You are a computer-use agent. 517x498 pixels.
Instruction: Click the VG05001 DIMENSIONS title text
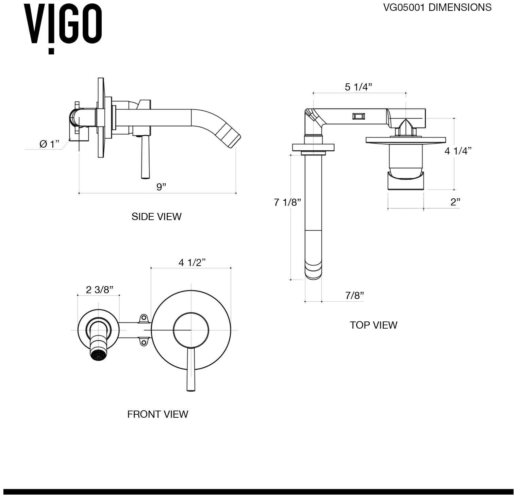coord(437,7)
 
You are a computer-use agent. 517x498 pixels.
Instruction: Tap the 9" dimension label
coord(161,187)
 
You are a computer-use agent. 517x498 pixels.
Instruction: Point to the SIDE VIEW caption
coord(156,217)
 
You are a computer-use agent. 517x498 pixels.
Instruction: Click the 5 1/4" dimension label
coord(358,87)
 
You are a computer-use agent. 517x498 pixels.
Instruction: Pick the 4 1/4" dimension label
coord(458,151)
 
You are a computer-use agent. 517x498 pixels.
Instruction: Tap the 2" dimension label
coord(455,202)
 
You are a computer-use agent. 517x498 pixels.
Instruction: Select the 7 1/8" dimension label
coord(287,202)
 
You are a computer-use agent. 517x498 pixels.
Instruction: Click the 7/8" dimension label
coord(354,296)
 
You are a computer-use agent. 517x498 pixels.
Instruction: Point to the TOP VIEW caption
coord(373,325)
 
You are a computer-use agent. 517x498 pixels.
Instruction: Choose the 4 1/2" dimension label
coord(192,263)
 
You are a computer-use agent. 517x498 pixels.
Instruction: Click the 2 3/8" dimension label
coord(99,290)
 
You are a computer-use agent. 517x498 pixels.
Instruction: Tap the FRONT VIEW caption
coord(157,414)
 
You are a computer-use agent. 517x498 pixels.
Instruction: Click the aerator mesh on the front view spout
coord(98,354)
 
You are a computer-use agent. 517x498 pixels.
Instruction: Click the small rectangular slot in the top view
coord(359,116)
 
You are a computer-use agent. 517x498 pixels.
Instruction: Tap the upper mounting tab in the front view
coord(144,318)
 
